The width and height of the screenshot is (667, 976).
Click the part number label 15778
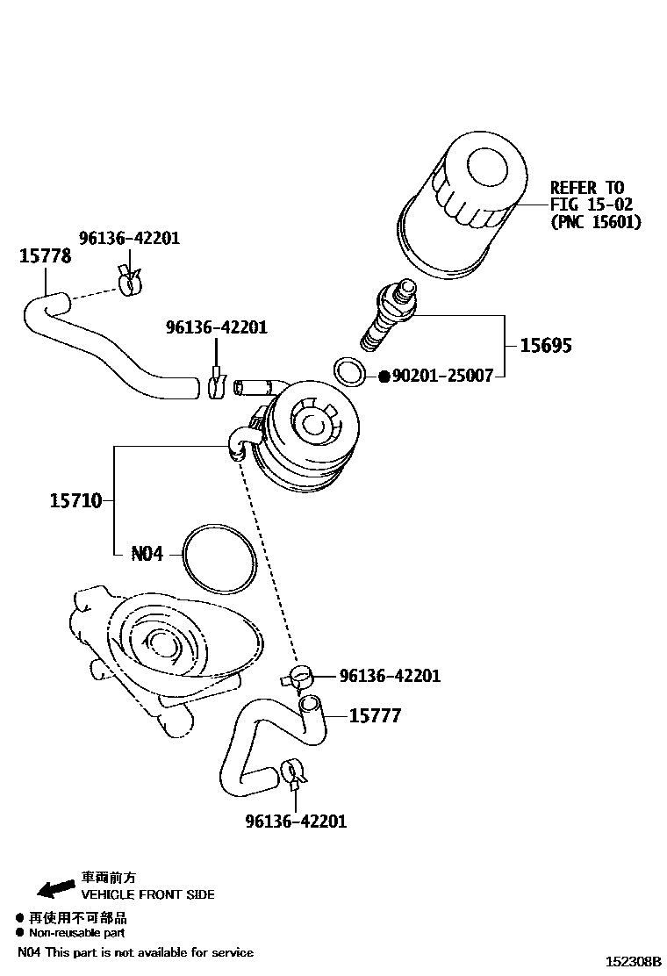[x=46, y=256]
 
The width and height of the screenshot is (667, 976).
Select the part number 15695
[x=545, y=346]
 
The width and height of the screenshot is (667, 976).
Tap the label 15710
[x=75, y=501]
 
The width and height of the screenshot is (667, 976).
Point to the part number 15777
[x=375, y=716]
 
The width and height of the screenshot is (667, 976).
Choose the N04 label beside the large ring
[x=147, y=555]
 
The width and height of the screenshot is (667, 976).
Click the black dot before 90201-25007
[x=384, y=377]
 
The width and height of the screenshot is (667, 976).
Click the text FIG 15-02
[x=591, y=205]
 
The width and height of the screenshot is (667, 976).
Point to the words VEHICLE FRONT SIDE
[x=147, y=895]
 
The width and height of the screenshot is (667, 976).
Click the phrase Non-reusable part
[x=77, y=933]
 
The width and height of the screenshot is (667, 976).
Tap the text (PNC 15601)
[x=596, y=222]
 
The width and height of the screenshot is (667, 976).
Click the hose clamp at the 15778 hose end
[x=129, y=280]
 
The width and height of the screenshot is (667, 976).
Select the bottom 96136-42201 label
[x=296, y=822]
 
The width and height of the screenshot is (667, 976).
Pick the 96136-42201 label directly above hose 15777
[x=390, y=676]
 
